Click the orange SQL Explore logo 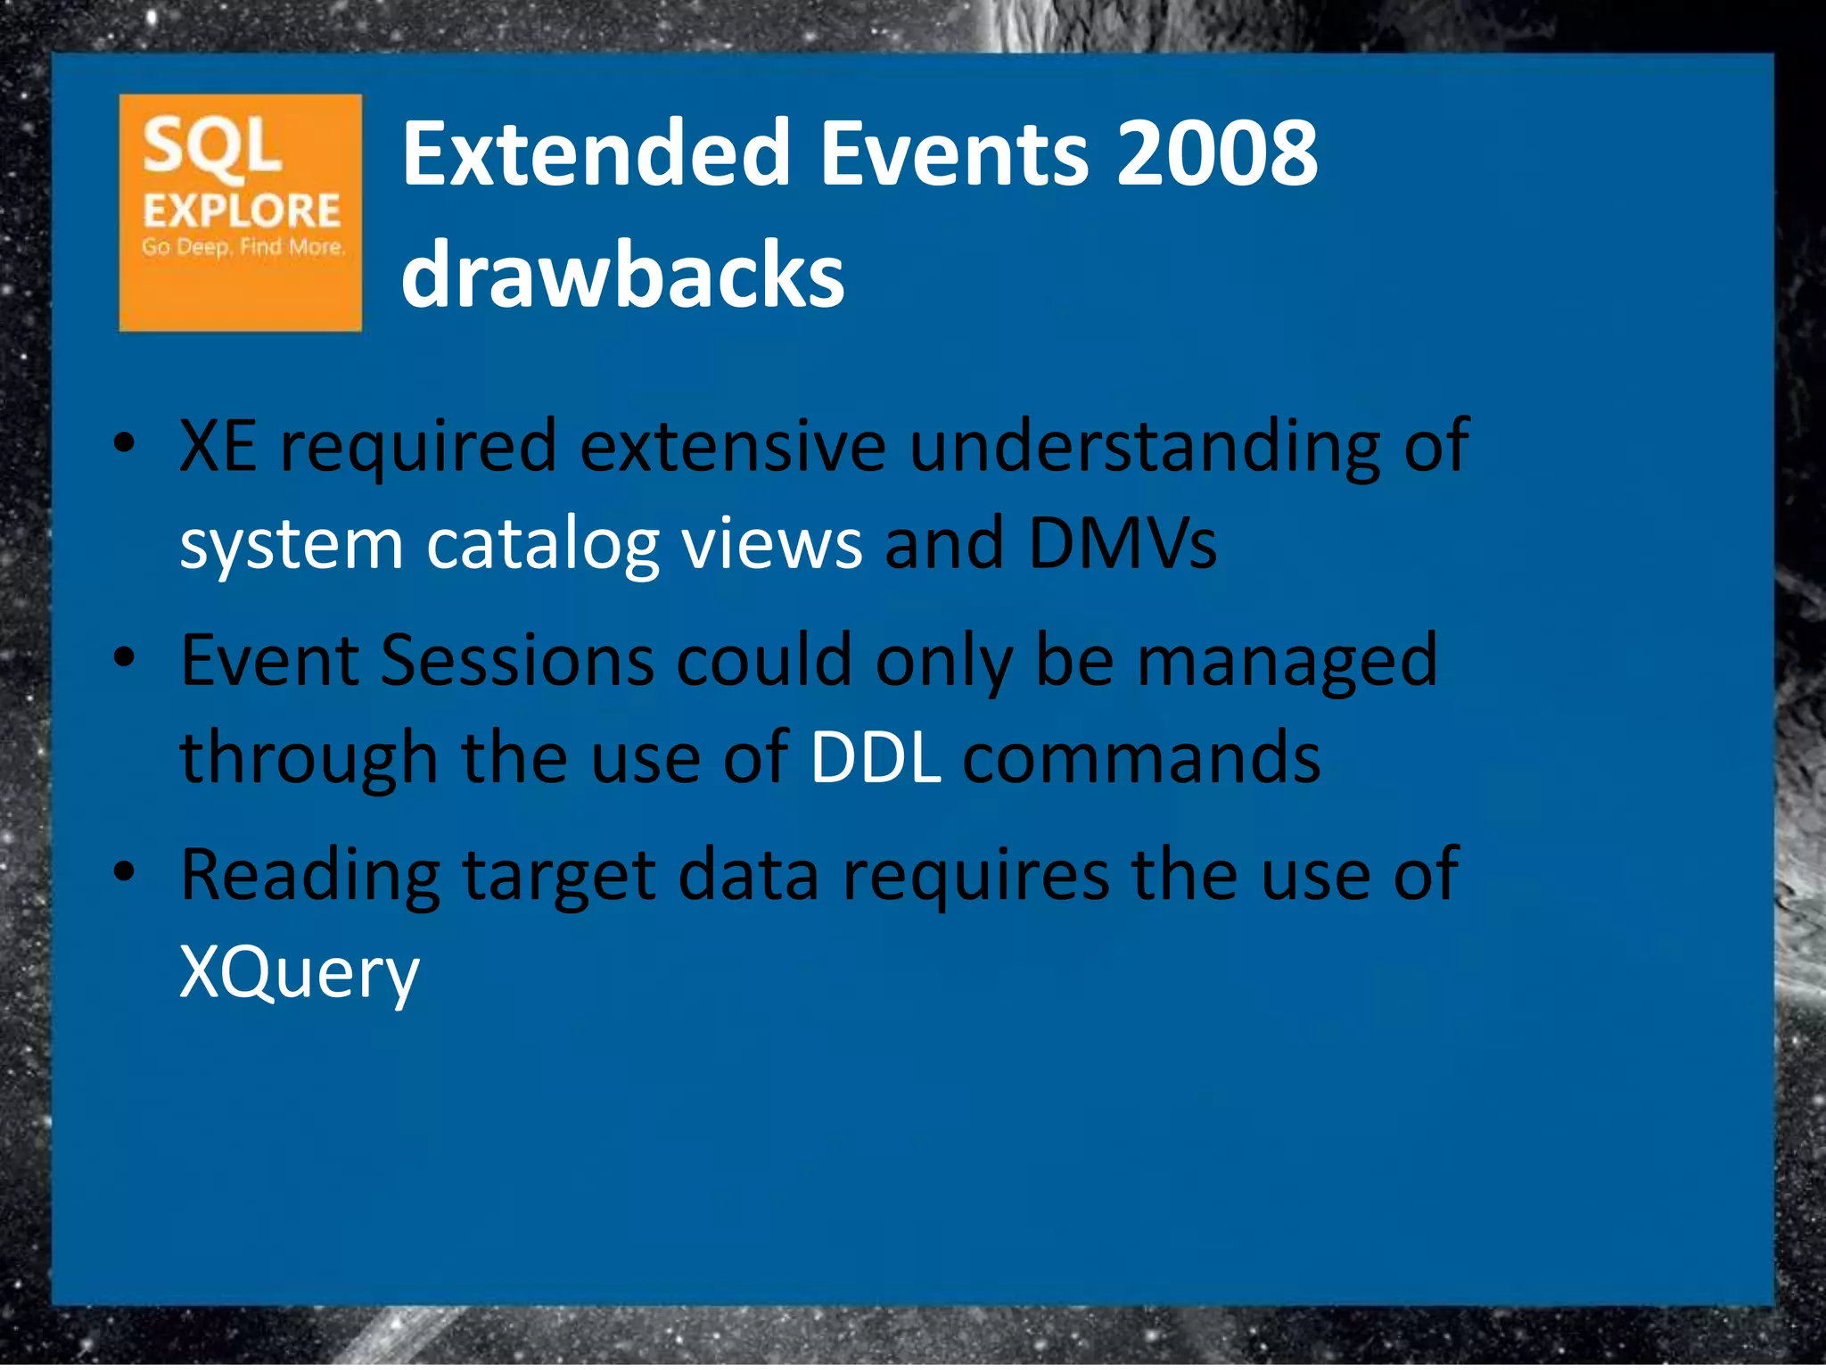point(240,212)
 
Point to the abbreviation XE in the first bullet point(218,445)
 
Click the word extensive point(733,445)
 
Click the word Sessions point(517,660)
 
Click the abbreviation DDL point(875,757)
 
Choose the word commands point(1141,757)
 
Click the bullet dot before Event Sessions point(125,658)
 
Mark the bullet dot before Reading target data point(125,872)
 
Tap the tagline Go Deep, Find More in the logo point(243,247)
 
